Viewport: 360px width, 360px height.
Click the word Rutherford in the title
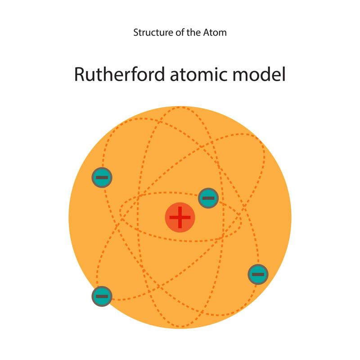[x=119, y=74]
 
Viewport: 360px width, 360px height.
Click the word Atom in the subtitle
[x=215, y=32]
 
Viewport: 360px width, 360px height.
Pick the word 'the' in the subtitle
[x=193, y=32]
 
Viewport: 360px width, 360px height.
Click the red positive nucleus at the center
[x=180, y=217]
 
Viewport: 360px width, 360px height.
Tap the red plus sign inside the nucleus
[x=180, y=217]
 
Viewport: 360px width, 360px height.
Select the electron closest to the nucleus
[x=208, y=198]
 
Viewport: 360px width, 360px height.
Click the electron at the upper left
[x=102, y=177]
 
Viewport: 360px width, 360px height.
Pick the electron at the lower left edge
[x=102, y=296]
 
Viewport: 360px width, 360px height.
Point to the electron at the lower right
[x=258, y=274]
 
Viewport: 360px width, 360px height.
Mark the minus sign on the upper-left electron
[x=102, y=177]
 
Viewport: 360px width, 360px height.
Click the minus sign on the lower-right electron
[x=258, y=274]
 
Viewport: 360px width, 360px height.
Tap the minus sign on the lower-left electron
[x=102, y=296]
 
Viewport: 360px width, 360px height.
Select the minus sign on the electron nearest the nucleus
[x=208, y=198]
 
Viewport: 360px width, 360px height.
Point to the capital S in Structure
[x=136, y=32]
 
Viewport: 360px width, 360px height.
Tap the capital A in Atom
[x=207, y=32]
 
